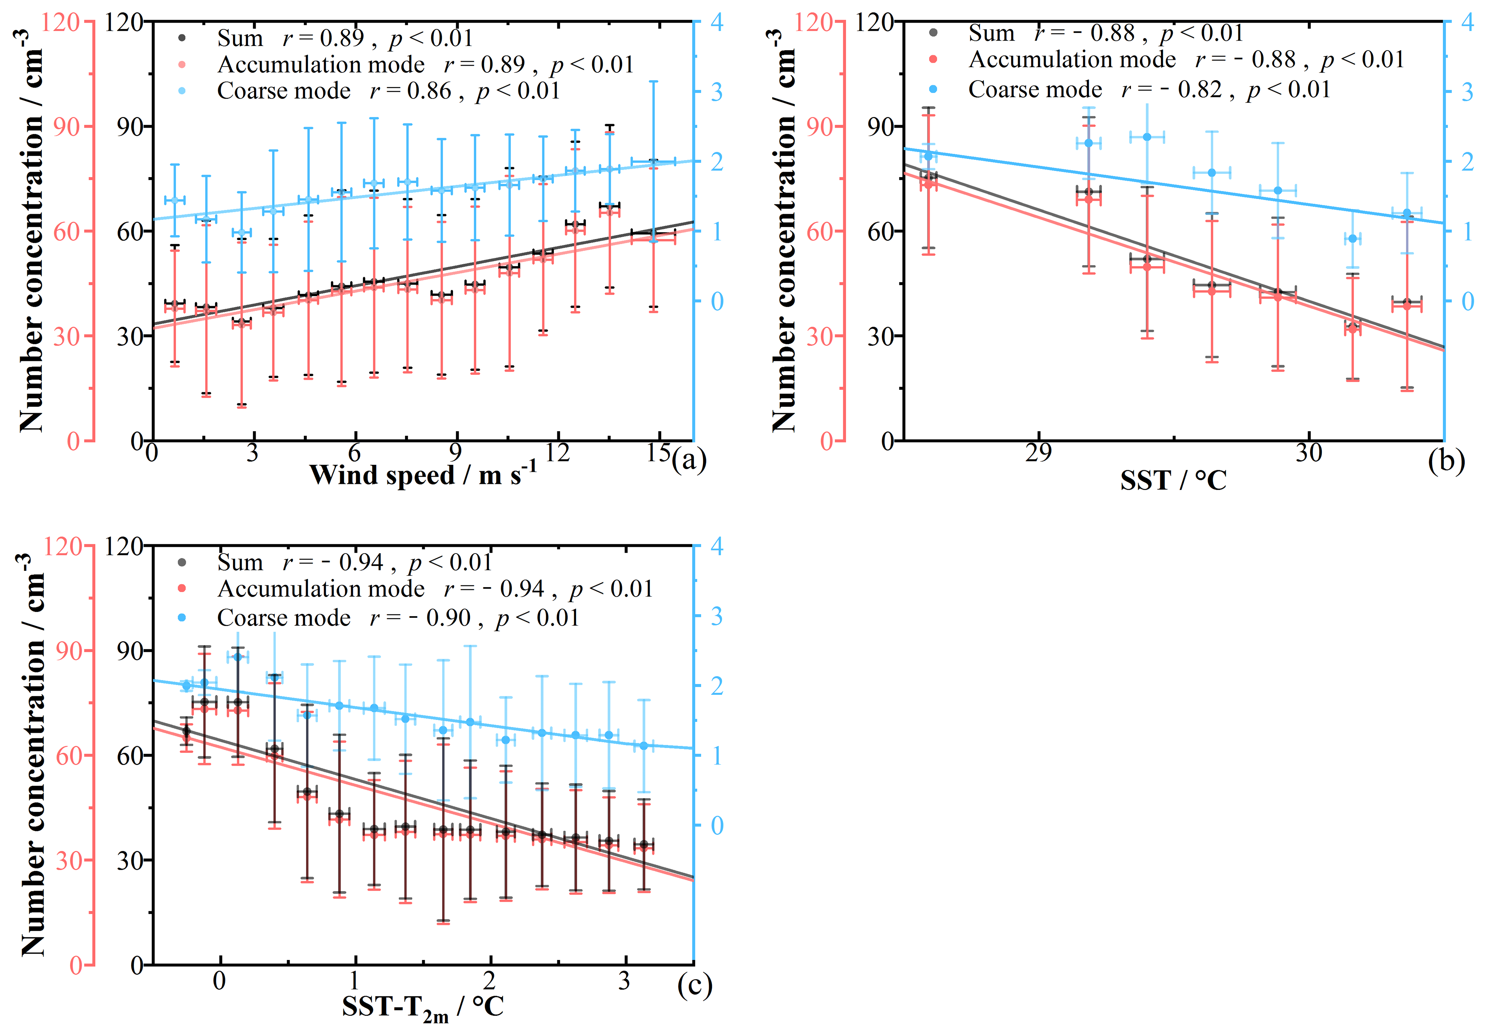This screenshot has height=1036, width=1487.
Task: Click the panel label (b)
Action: (x=1446, y=460)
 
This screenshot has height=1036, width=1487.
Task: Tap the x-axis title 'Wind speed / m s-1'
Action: (x=422, y=475)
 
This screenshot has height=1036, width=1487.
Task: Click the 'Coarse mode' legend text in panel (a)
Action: (x=284, y=90)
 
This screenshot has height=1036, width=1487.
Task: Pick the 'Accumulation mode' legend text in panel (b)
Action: (x=1072, y=60)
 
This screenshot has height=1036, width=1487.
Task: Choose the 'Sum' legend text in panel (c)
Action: (x=240, y=562)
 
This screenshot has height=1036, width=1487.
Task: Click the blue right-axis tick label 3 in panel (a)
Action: (x=716, y=93)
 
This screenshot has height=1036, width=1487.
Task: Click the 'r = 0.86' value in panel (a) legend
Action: (x=410, y=90)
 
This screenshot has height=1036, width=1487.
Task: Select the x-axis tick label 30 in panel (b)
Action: (x=1308, y=453)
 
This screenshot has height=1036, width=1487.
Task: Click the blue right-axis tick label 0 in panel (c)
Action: (x=716, y=826)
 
